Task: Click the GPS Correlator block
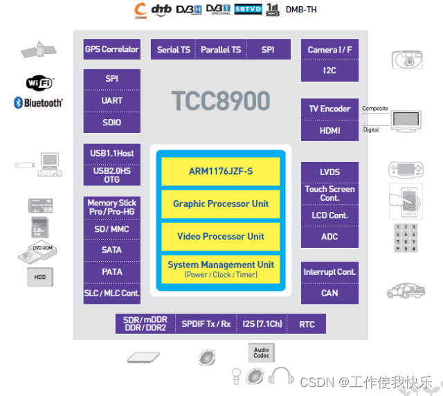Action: click(111, 49)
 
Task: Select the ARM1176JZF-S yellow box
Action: click(220, 171)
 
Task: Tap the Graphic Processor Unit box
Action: click(220, 204)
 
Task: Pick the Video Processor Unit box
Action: click(220, 236)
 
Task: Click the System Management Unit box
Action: click(220, 269)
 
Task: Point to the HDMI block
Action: click(329, 130)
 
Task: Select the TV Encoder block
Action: click(329, 109)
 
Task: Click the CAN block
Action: click(329, 293)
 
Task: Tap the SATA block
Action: click(111, 250)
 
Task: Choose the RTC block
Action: click(307, 324)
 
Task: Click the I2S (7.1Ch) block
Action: click(263, 324)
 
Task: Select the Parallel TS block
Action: click(221, 50)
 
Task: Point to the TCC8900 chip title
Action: click(220, 101)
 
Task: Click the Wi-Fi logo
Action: click(39, 84)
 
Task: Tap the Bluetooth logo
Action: click(38, 103)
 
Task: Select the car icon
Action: click(406, 290)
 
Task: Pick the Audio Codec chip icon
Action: click(261, 353)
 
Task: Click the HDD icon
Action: click(39, 278)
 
